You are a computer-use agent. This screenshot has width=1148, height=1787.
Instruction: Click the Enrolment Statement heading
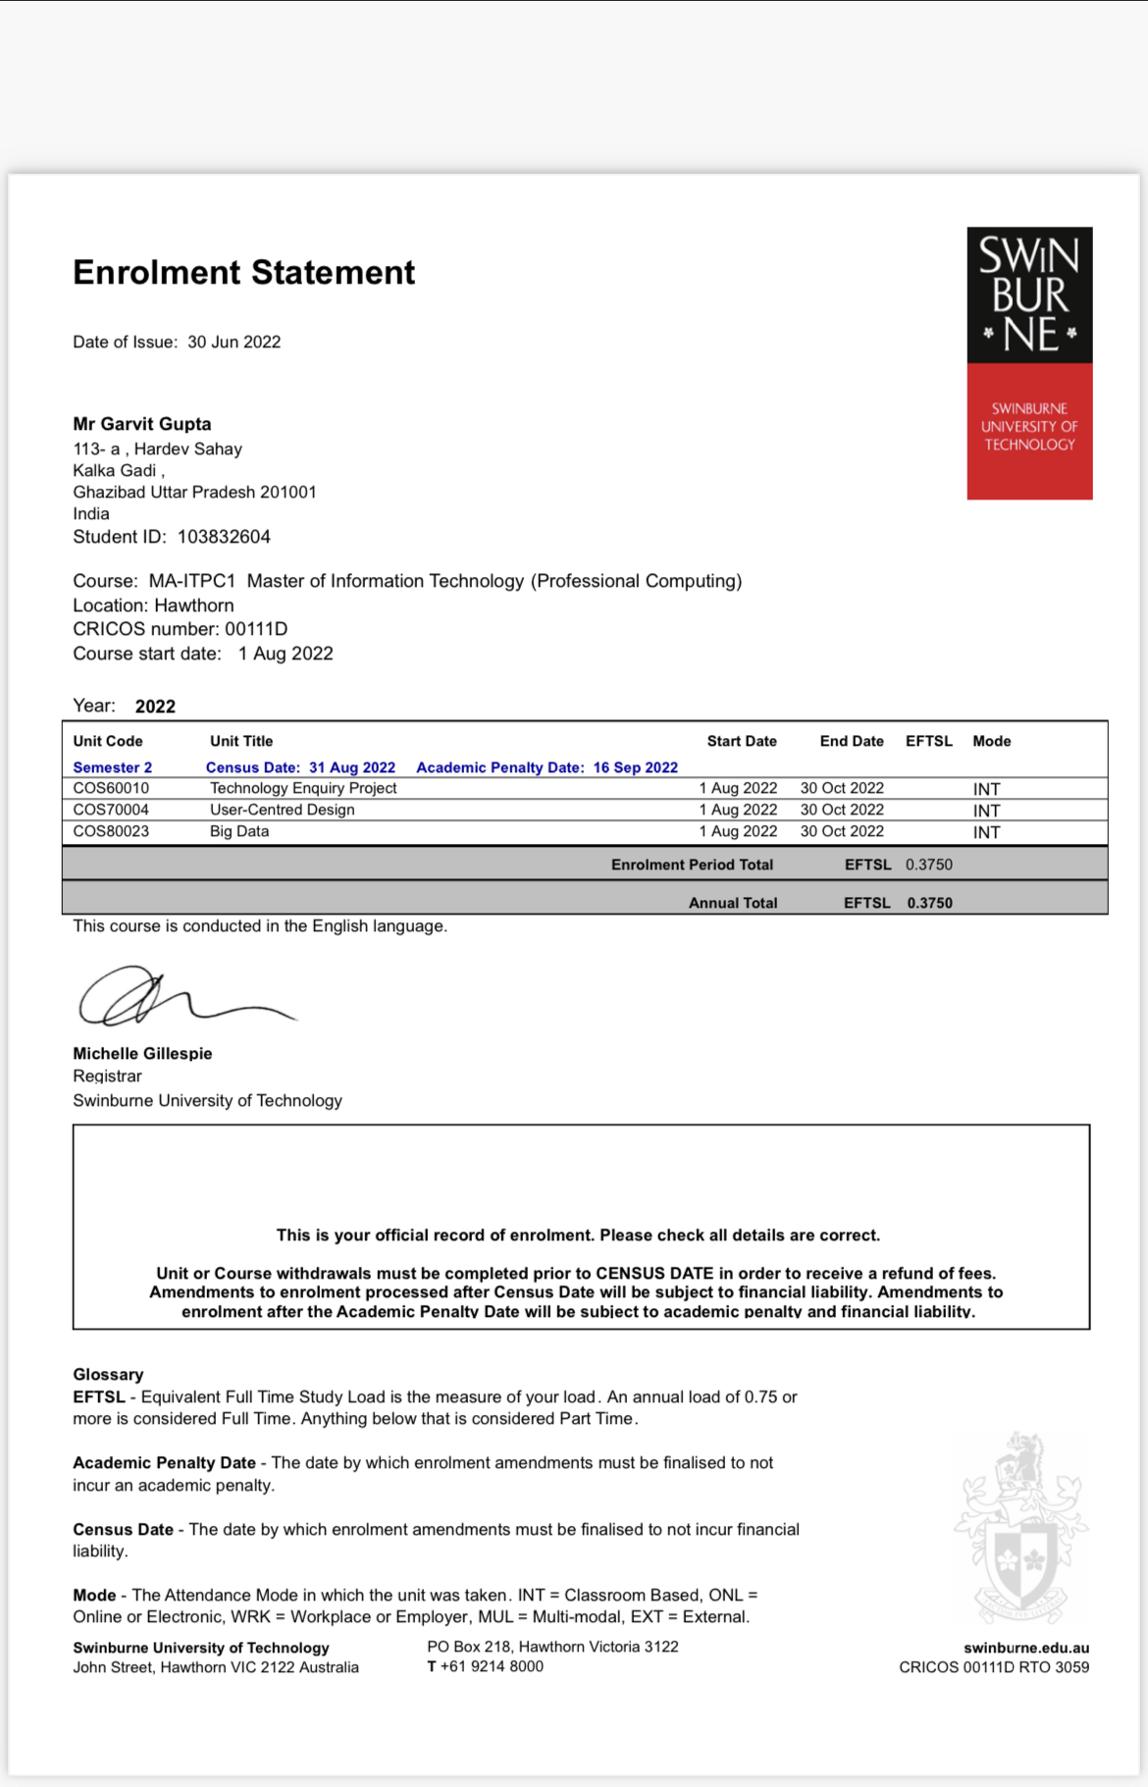243,273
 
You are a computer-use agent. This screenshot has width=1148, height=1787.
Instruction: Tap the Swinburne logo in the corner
1029,363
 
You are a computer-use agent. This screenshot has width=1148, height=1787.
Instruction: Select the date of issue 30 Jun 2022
234,342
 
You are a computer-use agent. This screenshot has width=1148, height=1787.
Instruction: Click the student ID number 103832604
224,537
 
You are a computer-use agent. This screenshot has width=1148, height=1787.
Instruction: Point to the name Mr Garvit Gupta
142,424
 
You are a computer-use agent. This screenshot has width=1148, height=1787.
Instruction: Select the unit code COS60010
111,788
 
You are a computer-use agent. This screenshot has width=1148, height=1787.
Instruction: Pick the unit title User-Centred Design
282,810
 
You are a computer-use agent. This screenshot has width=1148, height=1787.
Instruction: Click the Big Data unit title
239,831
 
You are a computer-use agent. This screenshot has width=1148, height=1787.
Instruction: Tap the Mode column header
991,741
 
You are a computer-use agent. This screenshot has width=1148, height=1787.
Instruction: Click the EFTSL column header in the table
928,741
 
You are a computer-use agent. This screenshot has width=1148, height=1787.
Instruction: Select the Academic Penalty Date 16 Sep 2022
635,767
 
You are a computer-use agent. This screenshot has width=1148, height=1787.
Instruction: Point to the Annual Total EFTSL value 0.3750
929,903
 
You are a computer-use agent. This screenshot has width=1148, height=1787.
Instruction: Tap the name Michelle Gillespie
142,1053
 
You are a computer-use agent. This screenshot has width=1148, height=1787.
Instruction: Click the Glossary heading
108,1374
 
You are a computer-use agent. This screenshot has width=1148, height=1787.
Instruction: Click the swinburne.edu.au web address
1025,1648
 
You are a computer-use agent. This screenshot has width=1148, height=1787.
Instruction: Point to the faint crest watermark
1021,1526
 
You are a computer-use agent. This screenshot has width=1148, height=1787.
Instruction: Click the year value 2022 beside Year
155,707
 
